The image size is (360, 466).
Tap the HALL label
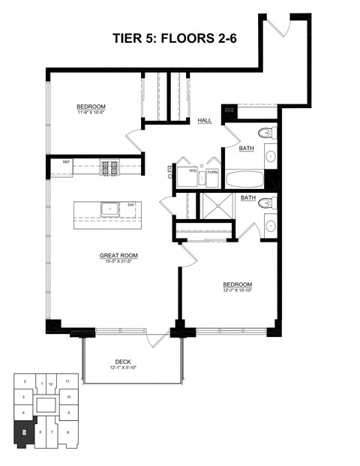[204, 120]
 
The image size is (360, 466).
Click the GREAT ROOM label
[118, 255]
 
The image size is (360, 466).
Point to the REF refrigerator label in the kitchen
[66, 162]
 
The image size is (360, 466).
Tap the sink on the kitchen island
[110, 206]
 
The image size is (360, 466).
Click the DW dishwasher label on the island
[130, 204]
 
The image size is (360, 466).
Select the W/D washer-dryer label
[193, 171]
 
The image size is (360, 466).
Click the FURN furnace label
[212, 172]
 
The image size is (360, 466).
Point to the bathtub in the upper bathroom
[242, 179]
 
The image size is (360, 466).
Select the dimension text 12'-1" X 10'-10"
[236, 291]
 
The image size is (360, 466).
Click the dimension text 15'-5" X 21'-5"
[118, 262]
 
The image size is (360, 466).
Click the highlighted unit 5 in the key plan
[24, 431]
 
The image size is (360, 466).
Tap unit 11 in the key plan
[67, 382]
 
